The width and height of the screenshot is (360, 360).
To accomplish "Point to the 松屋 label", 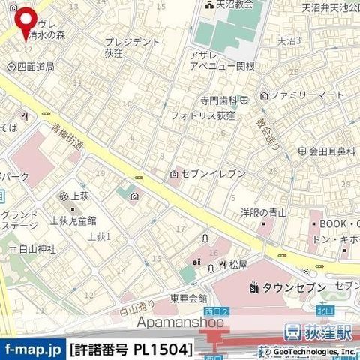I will (238, 265).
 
